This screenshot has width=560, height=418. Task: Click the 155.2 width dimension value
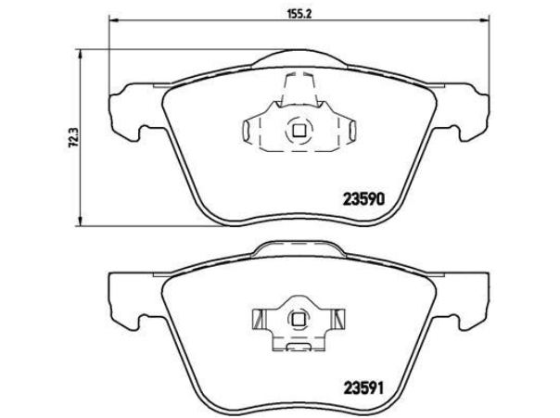point(299,14)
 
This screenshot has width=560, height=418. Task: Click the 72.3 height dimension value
point(74,138)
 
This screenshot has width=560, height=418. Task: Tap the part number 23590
point(363,199)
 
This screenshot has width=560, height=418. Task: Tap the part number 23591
point(363,388)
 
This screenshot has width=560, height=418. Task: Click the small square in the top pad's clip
point(299,131)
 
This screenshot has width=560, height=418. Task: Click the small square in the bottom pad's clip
point(298,319)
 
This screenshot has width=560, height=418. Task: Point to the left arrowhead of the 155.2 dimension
point(114,20)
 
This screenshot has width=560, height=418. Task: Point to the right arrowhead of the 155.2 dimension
point(484,20)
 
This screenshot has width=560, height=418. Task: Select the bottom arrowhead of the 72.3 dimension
point(81,221)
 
